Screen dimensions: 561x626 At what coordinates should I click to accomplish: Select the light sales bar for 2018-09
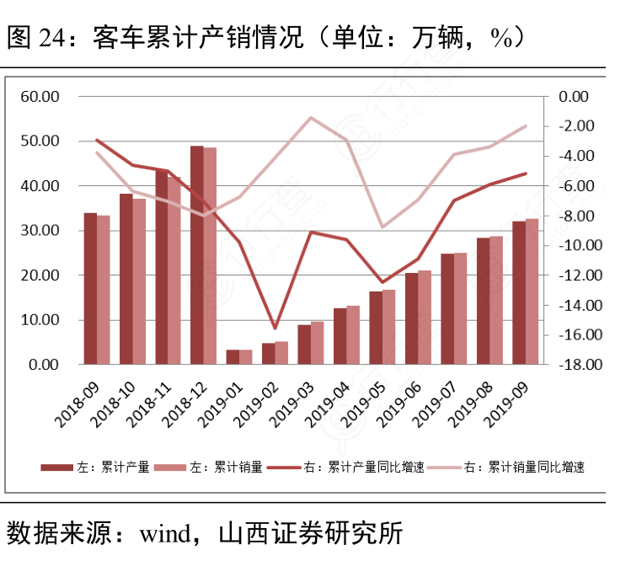click(103, 290)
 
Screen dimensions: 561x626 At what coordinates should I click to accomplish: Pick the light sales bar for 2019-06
click(425, 318)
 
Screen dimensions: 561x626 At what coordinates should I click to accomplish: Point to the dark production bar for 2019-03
click(304, 345)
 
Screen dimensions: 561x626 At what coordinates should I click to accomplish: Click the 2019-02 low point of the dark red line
click(275, 328)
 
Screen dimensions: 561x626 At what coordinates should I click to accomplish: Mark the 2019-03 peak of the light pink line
click(310, 117)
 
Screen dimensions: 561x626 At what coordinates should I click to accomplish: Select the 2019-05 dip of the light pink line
click(382, 227)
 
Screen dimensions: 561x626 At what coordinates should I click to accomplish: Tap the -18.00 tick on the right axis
click(577, 365)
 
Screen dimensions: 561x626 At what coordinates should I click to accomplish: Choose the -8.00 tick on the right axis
click(577, 216)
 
